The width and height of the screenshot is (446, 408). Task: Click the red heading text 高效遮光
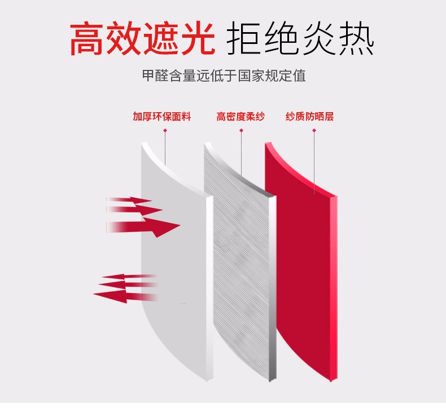point(142,38)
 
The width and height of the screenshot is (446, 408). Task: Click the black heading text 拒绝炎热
point(300,38)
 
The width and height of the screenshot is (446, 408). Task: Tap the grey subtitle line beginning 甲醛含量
point(224,76)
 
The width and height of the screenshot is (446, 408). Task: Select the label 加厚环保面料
point(161,117)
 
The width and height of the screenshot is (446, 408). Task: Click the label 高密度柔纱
point(241,117)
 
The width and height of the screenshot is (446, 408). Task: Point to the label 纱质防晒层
point(309,117)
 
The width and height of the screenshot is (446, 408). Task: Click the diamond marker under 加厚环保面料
point(165,130)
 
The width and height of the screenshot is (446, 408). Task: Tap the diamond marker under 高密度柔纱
point(241,130)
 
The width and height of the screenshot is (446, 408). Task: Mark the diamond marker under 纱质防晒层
point(314,130)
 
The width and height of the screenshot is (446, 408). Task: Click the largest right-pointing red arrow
point(143,227)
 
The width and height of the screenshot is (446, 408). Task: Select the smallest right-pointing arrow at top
point(129,200)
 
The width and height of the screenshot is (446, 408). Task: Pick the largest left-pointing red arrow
point(125,296)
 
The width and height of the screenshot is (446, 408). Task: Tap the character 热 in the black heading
point(356,38)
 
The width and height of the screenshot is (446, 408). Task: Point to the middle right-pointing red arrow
point(134,210)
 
